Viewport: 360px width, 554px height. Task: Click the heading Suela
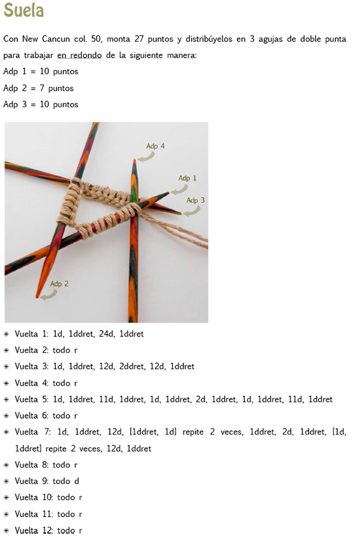point(23,10)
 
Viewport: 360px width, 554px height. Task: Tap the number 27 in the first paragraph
point(139,39)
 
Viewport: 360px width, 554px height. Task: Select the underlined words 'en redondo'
point(79,55)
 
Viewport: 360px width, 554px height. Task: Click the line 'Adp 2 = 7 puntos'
point(39,88)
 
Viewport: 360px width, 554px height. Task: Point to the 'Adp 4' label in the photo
point(156,146)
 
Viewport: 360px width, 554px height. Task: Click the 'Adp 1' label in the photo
point(187,178)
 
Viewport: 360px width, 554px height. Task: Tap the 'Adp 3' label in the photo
point(196,201)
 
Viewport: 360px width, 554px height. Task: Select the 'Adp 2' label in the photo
point(59,284)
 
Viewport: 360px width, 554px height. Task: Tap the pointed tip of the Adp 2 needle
point(37,297)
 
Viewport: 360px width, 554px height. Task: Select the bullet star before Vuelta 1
point(6,334)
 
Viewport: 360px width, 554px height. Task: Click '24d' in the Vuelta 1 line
point(107,334)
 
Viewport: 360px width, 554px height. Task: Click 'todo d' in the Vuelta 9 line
point(66,481)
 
